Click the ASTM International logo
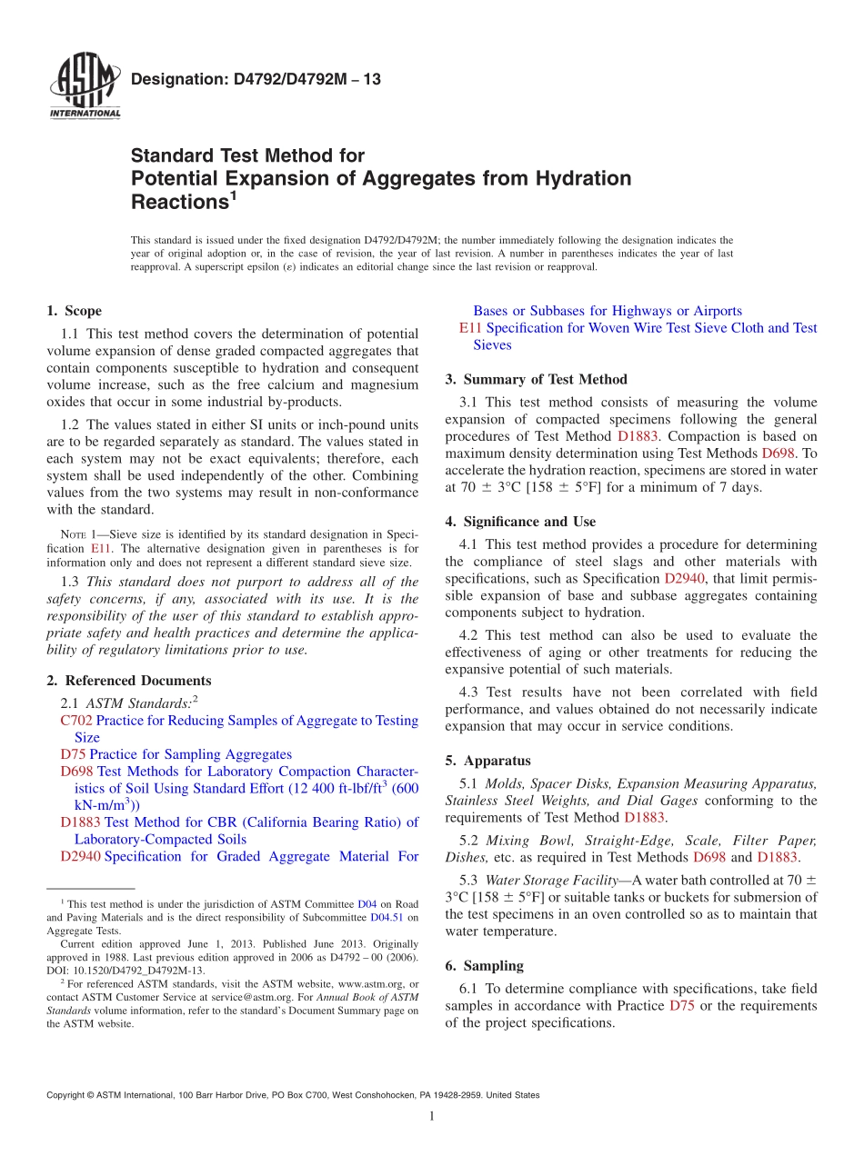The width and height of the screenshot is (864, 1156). tap(84, 87)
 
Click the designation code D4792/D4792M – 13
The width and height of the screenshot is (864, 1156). tap(256, 80)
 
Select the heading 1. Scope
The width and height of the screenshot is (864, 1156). tap(74, 311)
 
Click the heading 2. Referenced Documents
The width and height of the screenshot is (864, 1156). tap(128, 681)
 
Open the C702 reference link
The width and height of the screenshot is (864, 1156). tap(76, 721)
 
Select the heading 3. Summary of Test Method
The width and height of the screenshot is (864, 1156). tap(536, 379)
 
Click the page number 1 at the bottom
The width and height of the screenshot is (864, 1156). tap(432, 1117)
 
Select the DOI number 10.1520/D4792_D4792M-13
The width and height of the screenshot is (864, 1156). tap(136, 970)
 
